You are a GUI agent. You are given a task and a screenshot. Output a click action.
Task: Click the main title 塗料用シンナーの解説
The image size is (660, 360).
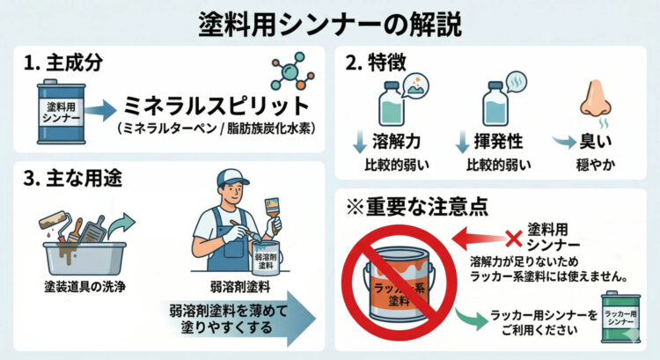329,21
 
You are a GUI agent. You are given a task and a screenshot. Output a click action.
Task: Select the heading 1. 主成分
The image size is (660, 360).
65,64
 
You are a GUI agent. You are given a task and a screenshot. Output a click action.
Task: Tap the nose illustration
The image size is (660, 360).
593,103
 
